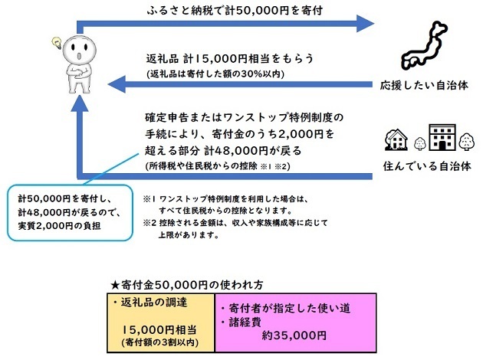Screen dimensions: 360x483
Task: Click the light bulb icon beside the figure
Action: tap(56, 41)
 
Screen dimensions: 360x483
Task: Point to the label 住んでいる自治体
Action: tap(426, 165)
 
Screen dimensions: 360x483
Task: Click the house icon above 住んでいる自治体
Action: tap(397, 139)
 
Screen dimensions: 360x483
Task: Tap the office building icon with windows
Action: tap(442, 138)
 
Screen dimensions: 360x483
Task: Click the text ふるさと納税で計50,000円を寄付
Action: tap(233, 13)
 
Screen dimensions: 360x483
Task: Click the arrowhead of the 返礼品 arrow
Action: tap(117, 80)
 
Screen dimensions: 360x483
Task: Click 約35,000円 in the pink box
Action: tap(294, 335)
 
